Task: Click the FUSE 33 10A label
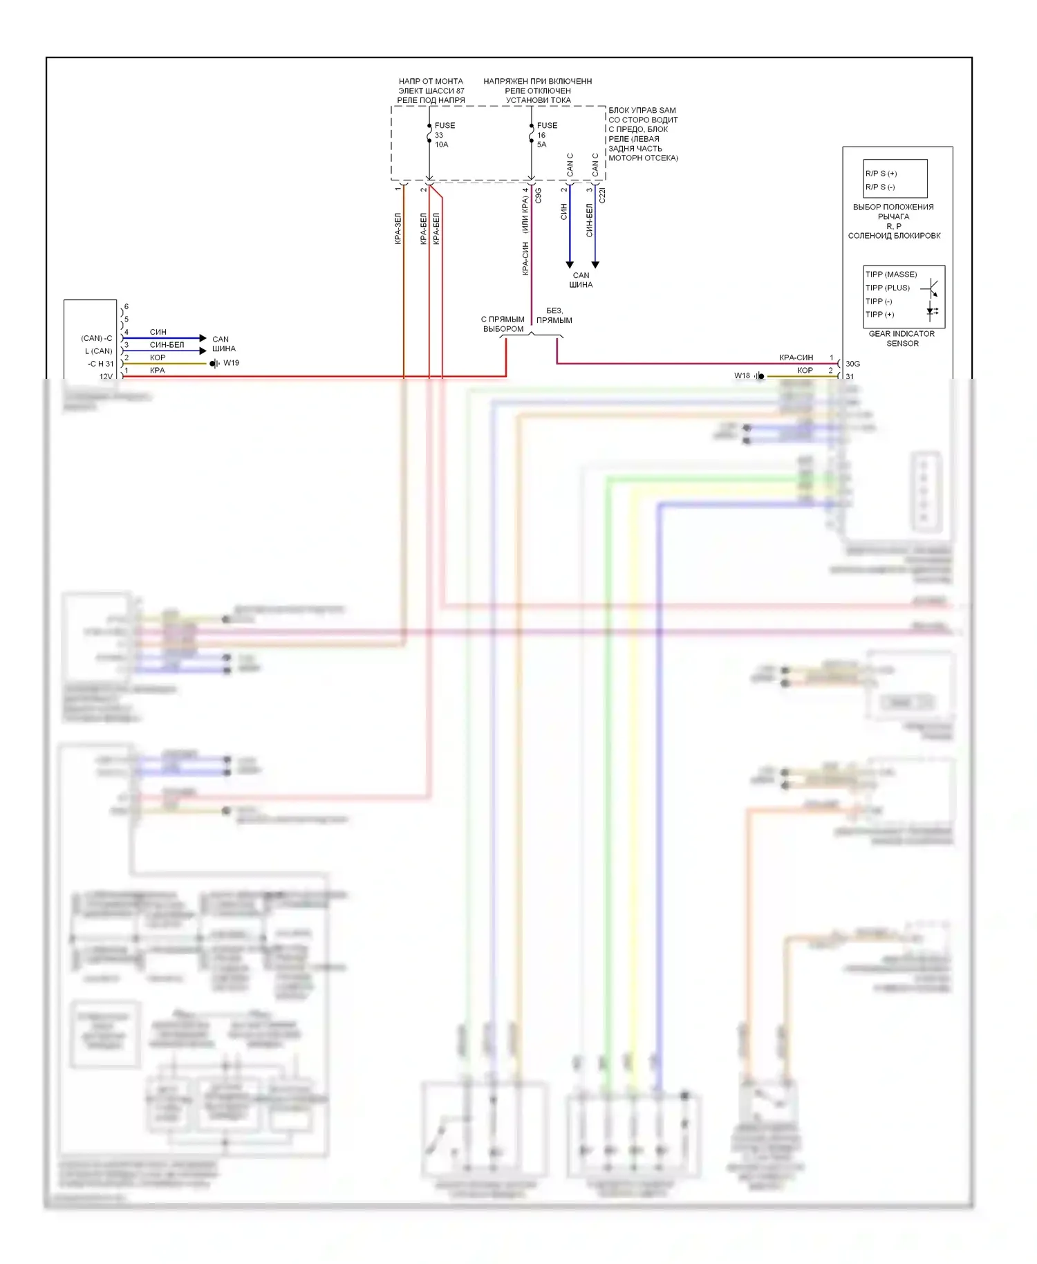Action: (444, 135)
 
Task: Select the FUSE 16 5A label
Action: (546, 135)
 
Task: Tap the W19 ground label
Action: (231, 363)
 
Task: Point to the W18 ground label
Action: (742, 375)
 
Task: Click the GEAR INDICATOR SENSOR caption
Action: (901, 338)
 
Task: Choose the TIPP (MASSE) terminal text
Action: (891, 275)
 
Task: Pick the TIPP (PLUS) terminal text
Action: (888, 288)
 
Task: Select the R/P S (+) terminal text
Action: (881, 174)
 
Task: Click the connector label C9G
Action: (539, 196)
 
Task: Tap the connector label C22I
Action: (602, 196)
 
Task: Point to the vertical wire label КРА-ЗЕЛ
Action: (398, 228)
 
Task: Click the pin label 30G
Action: (852, 364)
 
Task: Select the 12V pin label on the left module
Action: (106, 377)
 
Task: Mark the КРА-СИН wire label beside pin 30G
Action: (796, 357)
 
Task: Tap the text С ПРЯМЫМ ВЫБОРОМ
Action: (503, 324)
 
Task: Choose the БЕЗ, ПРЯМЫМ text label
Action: (554, 315)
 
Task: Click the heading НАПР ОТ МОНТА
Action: (431, 82)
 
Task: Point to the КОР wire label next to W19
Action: (158, 357)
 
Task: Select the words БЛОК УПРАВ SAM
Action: (642, 111)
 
